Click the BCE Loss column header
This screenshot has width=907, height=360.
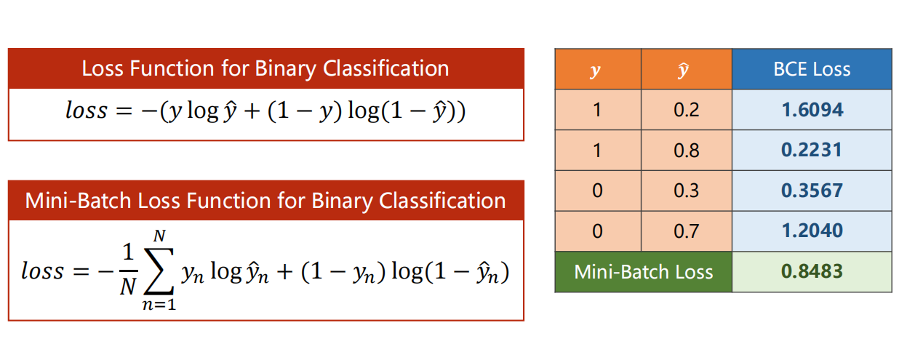[x=812, y=69]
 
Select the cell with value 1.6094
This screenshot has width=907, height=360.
[x=812, y=110]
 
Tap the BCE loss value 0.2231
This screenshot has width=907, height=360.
[x=812, y=150]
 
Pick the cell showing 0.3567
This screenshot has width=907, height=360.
[x=812, y=191]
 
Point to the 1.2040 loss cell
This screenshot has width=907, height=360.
[x=812, y=231]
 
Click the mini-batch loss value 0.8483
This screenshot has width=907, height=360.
[x=812, y=271]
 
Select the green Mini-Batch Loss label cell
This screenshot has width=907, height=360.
[x=644, y=271]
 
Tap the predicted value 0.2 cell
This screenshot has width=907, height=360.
[x=687, y=110]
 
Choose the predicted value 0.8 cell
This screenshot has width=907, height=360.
[x=687, y=150]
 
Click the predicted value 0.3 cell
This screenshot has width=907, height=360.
[x=687, y=191]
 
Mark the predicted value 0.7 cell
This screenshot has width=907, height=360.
[x=687, y=231]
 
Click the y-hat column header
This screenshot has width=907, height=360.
[x=687, y=69]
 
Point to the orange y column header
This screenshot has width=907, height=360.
[x=598, y=69]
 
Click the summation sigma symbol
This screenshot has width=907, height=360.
[x=159, y=271]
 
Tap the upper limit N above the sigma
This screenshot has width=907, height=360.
[x=159, y=236]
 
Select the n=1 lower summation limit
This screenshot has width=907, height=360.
[x=159, y=304]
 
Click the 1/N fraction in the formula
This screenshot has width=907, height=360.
[x=128, y=269]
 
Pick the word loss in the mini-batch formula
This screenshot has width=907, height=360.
[x=42, y=271]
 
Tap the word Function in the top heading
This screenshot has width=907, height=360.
[x=172, y=68]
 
